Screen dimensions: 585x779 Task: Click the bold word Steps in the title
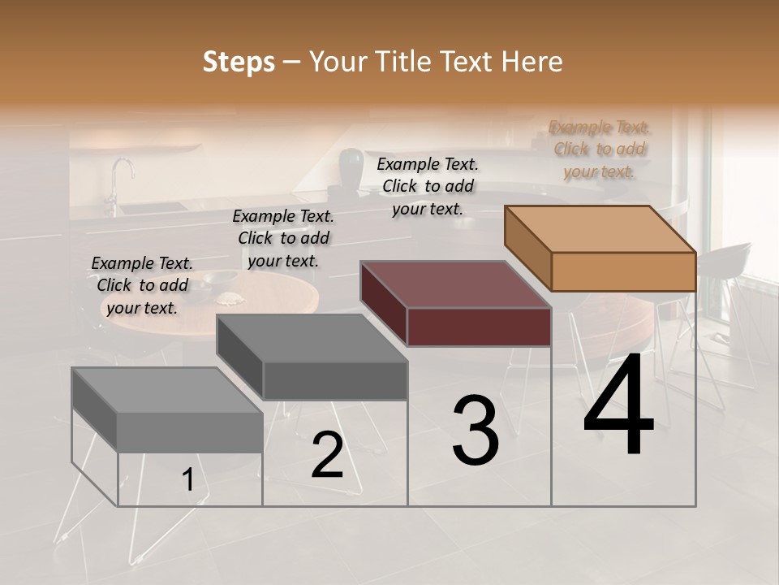239,62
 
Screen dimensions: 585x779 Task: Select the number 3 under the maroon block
475,431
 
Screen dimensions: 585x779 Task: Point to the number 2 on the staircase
327,456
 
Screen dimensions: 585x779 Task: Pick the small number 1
187,480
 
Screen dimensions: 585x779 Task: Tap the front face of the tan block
623,271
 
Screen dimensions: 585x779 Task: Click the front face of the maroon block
479,327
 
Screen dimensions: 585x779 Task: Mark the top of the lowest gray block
167,391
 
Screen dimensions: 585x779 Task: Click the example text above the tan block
600,149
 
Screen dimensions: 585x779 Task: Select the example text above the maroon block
428,187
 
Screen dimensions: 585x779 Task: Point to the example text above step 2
283,239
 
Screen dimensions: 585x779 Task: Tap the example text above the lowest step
142,286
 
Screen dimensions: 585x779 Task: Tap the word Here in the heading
532,62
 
